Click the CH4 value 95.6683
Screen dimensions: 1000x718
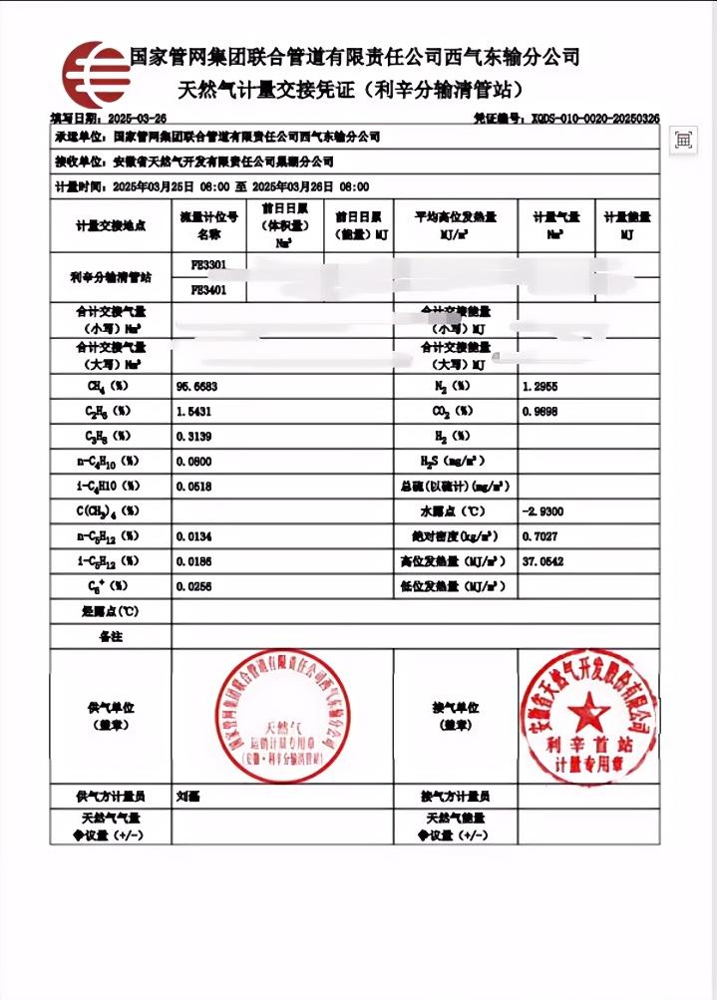[196, 385]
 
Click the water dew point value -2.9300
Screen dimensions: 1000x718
[543, 511]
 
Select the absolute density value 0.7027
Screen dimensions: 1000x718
[539, 537]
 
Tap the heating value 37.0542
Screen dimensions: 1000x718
[543, 562]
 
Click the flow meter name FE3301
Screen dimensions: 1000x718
[208, 265]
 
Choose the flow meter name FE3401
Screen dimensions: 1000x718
[208, 290]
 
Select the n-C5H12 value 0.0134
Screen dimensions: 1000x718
[194, 537]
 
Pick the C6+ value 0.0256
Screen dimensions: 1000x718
[194, 587]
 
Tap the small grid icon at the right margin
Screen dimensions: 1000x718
[684, 141]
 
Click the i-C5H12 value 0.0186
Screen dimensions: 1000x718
[194, 562]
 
